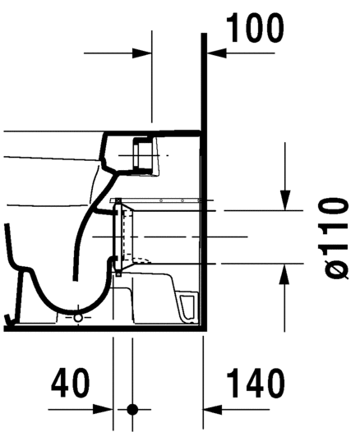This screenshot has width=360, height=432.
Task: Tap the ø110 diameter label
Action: (x=335, y=237)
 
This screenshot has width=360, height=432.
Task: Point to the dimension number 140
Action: (x=254, y=383)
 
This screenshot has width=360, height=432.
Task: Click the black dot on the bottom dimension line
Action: (x=132, y=408)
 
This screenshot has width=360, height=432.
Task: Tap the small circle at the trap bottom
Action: (x=78, y=315)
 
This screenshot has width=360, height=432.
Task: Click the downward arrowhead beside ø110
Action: (x=284, y=201)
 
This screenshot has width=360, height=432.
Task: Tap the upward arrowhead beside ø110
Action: (x=284, y=272)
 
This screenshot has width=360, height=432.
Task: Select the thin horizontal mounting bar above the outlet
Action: (x=156, y=200)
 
